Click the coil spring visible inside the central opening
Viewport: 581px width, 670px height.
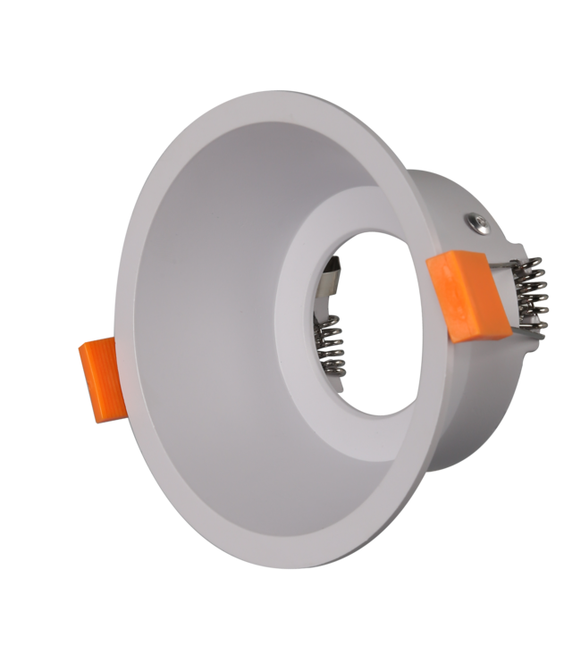coord(333,349)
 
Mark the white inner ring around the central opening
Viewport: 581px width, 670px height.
coord(295,357)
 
